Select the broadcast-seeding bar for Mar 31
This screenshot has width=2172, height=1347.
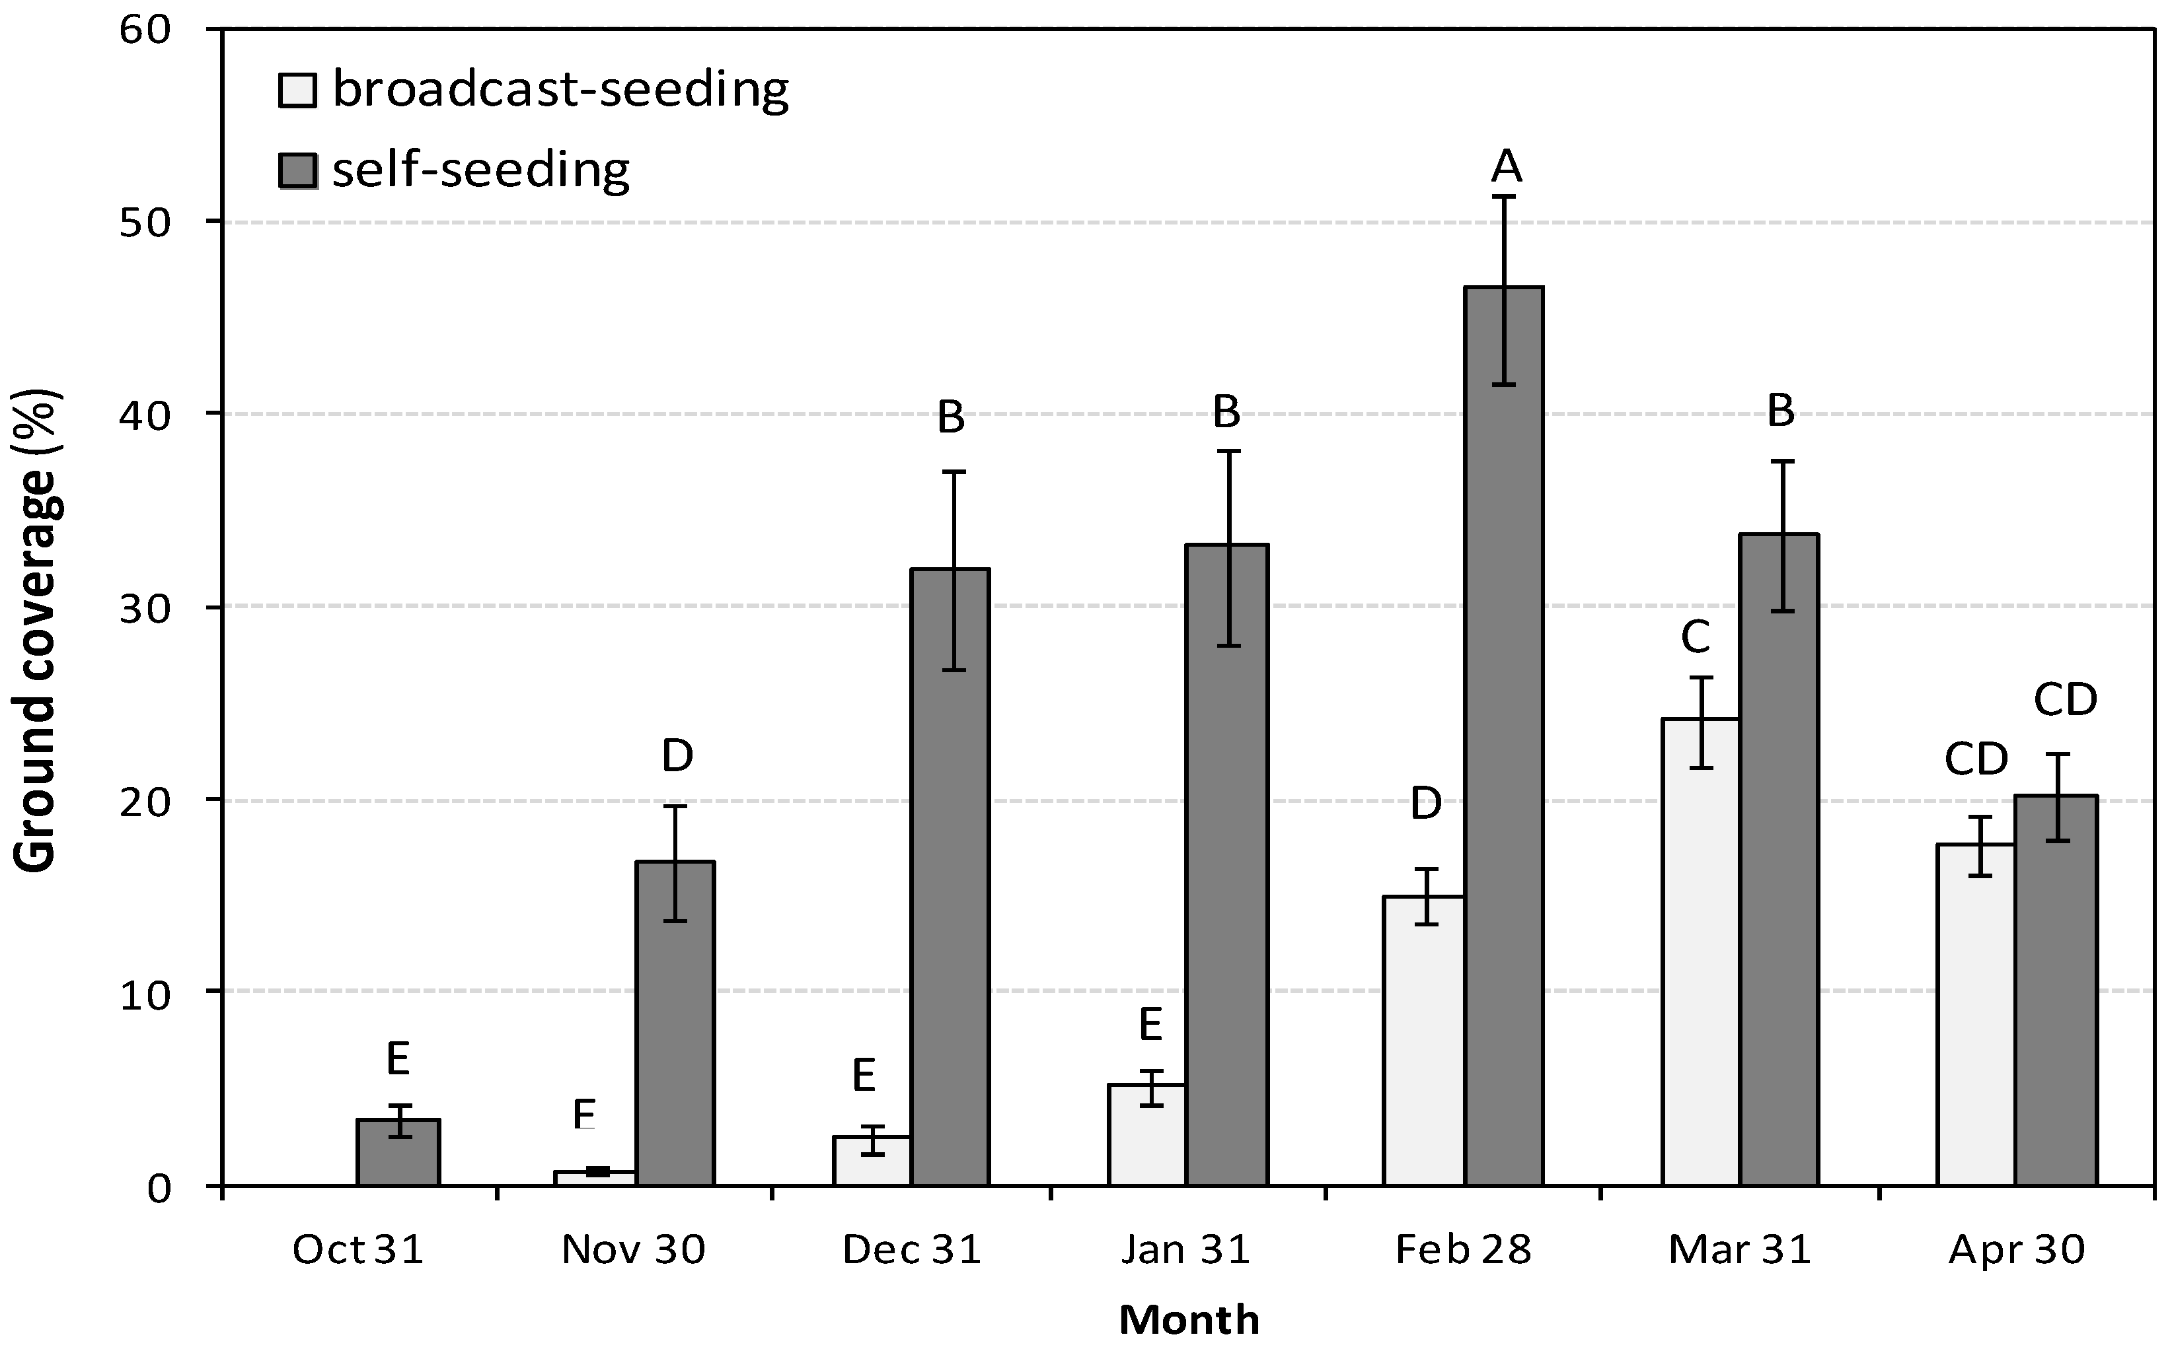[1700, 953]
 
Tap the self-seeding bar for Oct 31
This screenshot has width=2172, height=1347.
[398, 1153]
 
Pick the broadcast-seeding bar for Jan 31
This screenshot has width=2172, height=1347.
[1147, 1135]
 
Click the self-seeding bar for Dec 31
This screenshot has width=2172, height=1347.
[950, 878]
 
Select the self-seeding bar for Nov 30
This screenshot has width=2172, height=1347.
[675, 1025]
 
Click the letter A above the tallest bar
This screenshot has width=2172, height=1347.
[1506, 166]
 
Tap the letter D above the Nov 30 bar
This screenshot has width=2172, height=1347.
[677, 756]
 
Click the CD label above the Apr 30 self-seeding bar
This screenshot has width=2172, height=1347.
[2065, 700]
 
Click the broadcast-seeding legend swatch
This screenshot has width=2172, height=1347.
[297, 90]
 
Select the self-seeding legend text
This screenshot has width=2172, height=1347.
[481, 169]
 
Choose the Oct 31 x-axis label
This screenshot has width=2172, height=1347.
[357, 1250]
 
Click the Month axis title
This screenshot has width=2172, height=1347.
[1188, 1319]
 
